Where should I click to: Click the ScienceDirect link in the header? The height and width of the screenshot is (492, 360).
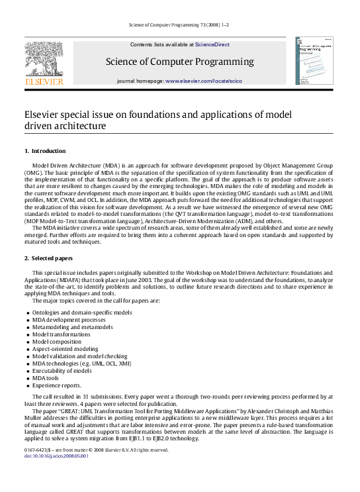(212, 44)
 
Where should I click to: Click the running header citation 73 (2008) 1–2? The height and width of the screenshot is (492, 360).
(179, 25)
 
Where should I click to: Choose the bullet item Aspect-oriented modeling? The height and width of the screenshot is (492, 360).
(65, 349)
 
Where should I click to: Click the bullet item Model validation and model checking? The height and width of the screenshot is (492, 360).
(77, 356)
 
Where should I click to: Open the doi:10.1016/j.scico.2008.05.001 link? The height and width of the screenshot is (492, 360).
(56, 456)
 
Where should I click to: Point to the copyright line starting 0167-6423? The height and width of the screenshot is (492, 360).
(97, 450)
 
